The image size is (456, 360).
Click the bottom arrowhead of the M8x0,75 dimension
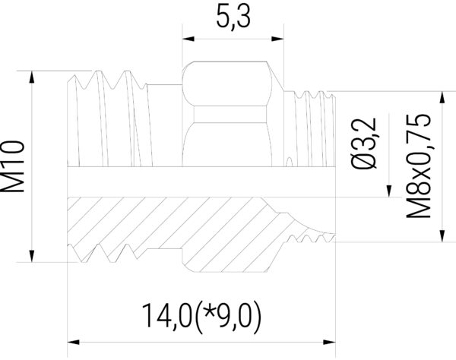tap(441, 237)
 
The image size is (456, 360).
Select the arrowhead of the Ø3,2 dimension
tap(389, 191)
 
